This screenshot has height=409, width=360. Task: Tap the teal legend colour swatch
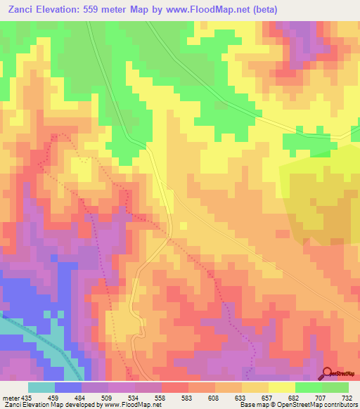click(41, 388)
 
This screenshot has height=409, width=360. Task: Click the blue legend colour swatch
click(68, 388)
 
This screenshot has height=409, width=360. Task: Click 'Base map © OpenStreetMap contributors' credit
click(299, 405)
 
